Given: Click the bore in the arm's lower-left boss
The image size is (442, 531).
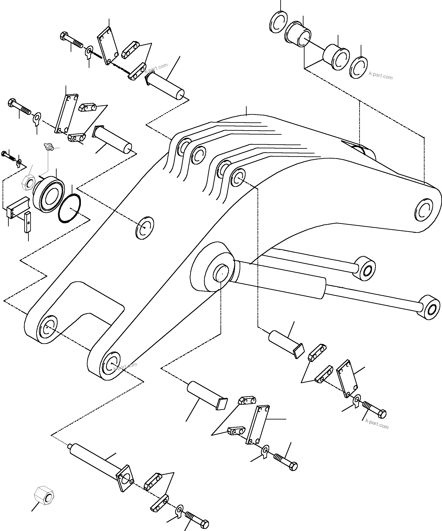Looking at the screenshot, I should (47, 328).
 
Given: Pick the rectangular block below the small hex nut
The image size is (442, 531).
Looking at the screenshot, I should (16, 207).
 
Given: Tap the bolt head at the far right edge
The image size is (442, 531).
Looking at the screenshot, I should (382, 414).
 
